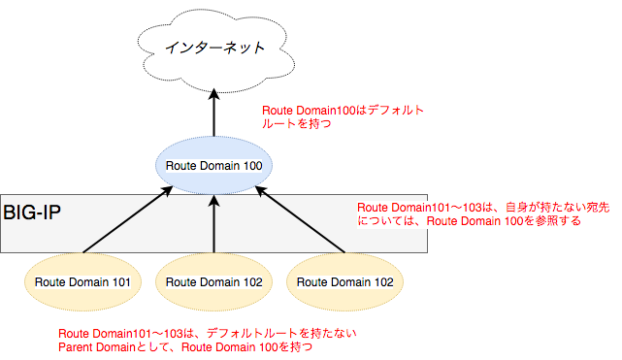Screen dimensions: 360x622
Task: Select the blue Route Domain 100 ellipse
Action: pyautogui.click(x=213, y=165)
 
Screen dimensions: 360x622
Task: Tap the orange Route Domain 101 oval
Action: pyautogui.click(x=83, y=281)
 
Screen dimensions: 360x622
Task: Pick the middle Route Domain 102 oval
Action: pyautogui.click(x=213, y=281)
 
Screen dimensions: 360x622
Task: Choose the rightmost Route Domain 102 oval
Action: pyautogui.click(x=344, y=281)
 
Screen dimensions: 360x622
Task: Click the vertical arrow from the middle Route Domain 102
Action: pyautogui.click(x=213, y=223)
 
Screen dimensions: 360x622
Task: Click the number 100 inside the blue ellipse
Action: pyautogui.click(x=248, y=166)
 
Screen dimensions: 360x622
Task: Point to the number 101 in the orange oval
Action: pyautogui.click(x=121, y=282)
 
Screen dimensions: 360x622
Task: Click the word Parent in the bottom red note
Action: pyautogui.click(x=78, y=347)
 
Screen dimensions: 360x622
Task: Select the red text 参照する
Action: pyautogui.click(x=561, y=221)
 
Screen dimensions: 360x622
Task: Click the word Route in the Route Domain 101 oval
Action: pyautogui.click(x=49, y=282)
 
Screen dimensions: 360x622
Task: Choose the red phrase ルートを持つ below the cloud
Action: pyautogui.click(x=291, y=125)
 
